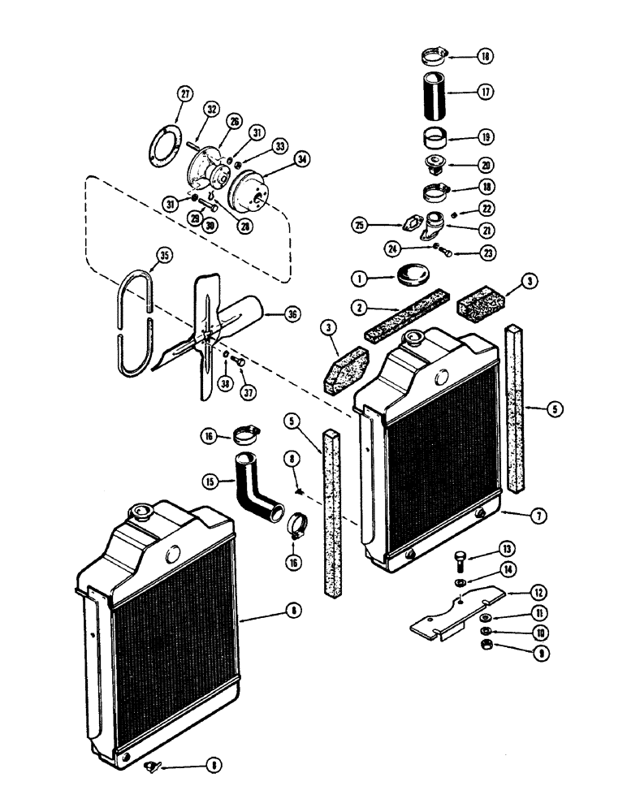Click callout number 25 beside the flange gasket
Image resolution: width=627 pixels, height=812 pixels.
[x=360, y=223]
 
